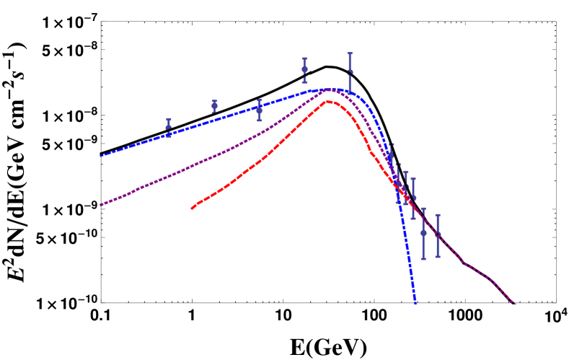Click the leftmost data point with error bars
(x=169, y=126)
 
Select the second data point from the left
(x=214, y=105)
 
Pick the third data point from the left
(x=260, y=110)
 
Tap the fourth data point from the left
(x=304, y=69)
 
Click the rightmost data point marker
(x=438, y=234)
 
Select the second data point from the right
(x=423, y=232)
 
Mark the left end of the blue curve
(x=101, y=156)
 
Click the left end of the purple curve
(x=101, y=205)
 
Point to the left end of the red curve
(x=192, y=208)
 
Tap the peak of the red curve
(x=329, y=101)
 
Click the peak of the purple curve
(x=330, y=89)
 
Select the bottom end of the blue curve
(x=415, y=303)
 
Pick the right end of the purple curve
(x=514, y=303)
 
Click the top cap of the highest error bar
(x=350, y=53)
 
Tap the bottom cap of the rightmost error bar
(x=438, y=256)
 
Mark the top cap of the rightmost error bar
(x=438, y=215)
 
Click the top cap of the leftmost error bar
(x=169, y=119)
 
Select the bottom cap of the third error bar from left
(x=260, y=120)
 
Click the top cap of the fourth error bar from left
(x=304, y=58)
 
